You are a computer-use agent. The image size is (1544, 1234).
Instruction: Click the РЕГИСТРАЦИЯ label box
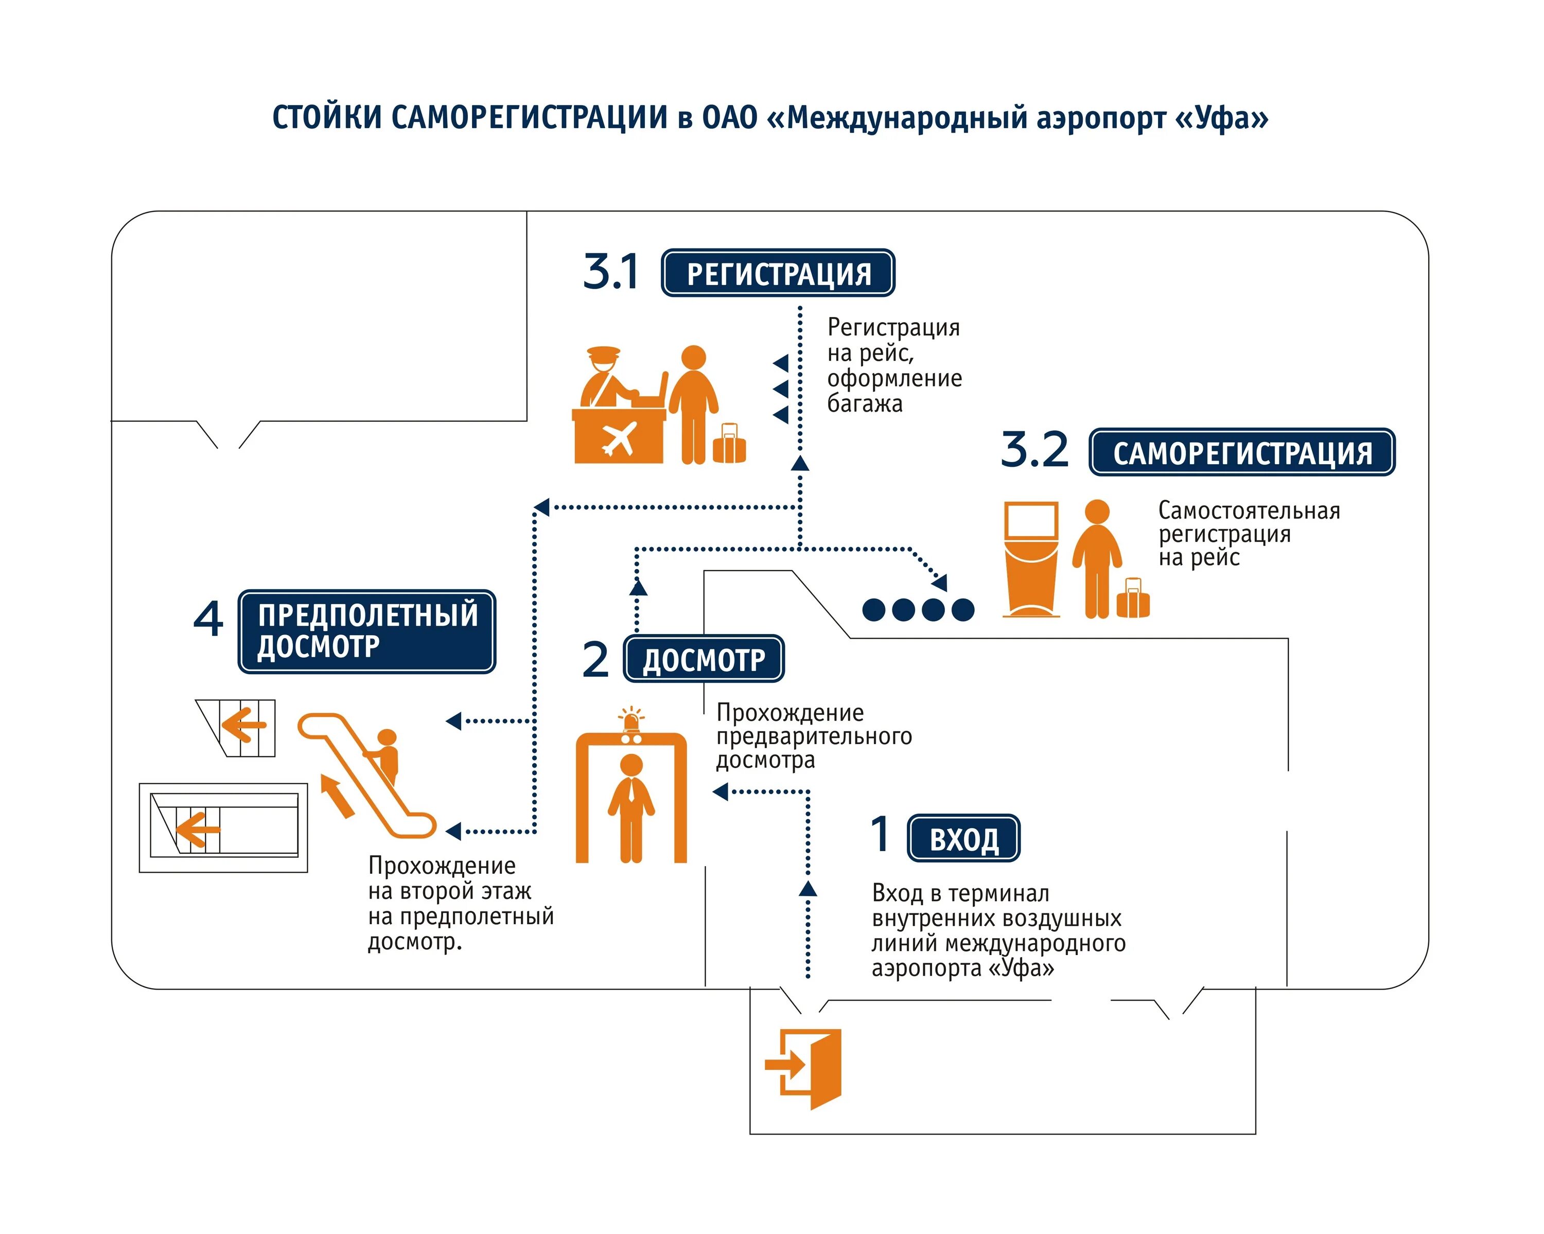pyautogui.click(x=779, y=273)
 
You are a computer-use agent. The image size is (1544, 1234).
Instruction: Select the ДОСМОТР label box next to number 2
pyautogui.click(x=704, y=659)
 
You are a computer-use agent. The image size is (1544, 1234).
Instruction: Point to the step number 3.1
pyautogui.click(x=610, y=272)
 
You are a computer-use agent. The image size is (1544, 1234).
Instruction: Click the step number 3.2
pyautogui.click(x=1034, y=450)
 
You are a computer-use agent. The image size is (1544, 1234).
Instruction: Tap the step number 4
pyautogui.click(x=208, y=619)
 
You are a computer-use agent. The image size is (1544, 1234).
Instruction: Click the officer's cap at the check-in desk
pyautogui.click(x=603, y=354)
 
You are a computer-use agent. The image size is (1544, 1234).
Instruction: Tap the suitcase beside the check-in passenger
pyautogui.click(x=730, y=446)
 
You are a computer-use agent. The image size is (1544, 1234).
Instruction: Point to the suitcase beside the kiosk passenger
pyautogui.click(x=1133, y=600)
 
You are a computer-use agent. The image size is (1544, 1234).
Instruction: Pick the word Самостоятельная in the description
pyautogui.click(x=1249, y=510)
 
